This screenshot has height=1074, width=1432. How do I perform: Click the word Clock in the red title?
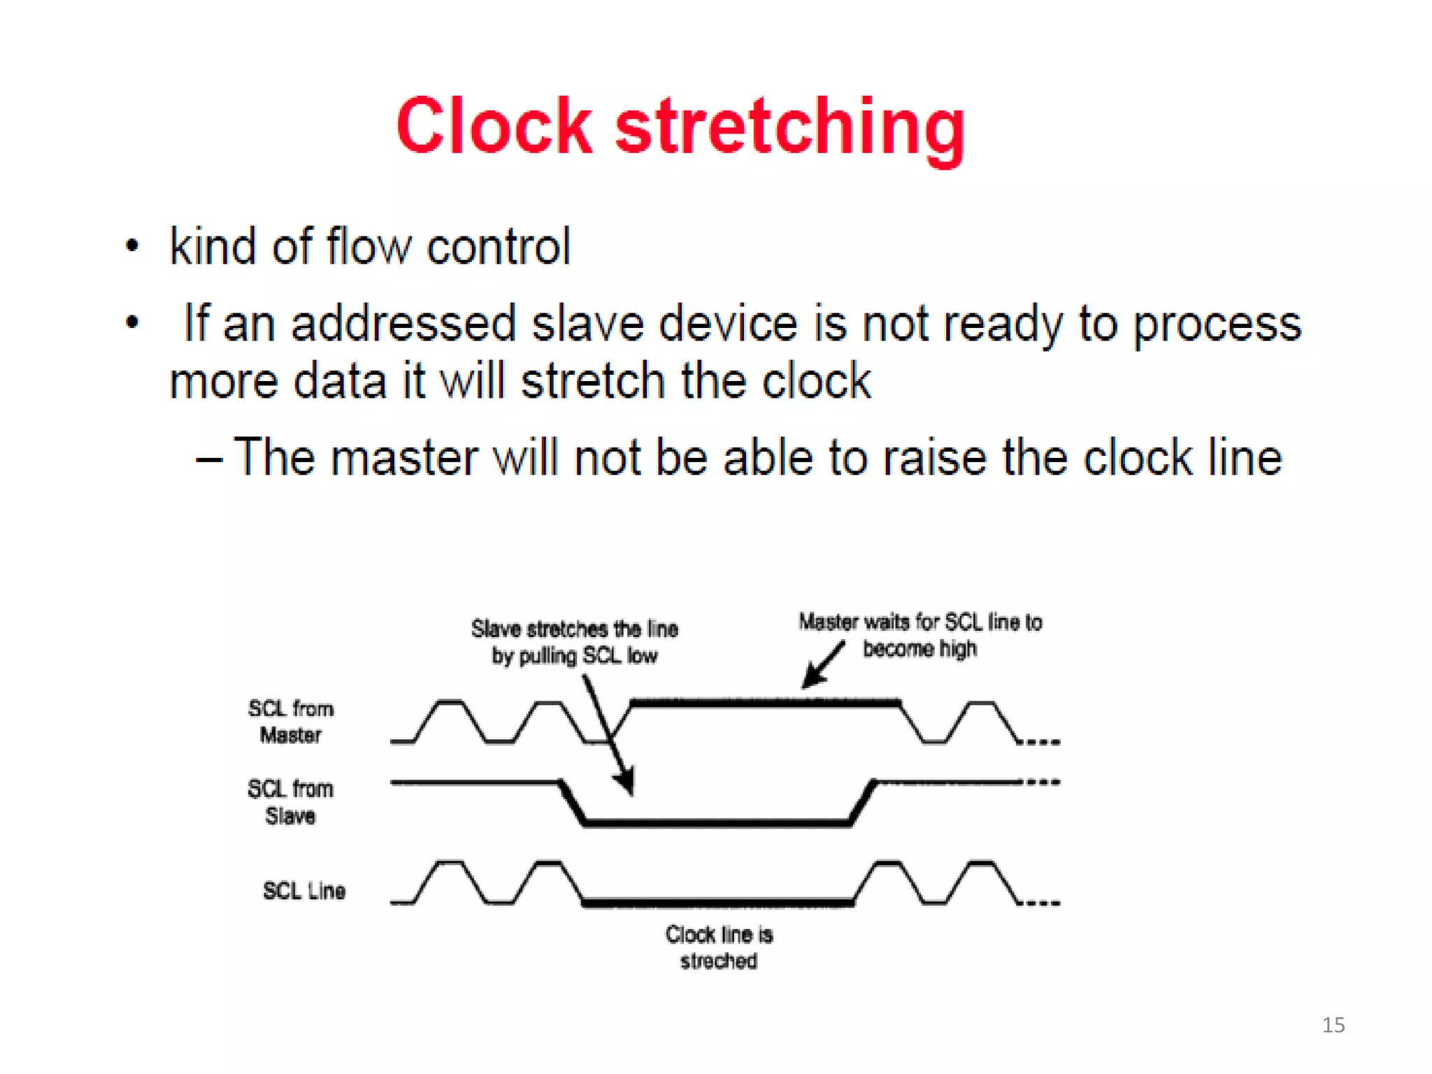click(494, 127)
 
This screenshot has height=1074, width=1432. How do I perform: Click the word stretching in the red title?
click(790, 129)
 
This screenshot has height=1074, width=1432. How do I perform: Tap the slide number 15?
click(1333, 1025)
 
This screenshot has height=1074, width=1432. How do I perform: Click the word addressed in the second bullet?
click(403, 324)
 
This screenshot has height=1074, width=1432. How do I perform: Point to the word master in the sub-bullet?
click(404, 458)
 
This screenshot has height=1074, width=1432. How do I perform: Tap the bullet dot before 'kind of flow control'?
click(132, 246)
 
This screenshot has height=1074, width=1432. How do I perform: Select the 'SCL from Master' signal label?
click(291, 722)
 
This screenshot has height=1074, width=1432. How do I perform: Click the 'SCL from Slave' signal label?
click(290, 802)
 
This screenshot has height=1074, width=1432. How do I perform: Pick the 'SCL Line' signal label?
click(304, 890)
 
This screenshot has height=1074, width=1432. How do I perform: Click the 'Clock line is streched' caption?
click(719, 947)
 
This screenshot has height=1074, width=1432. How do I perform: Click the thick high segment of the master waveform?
click(766, 702)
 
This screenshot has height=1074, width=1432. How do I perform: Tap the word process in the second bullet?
click(1217, 325)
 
